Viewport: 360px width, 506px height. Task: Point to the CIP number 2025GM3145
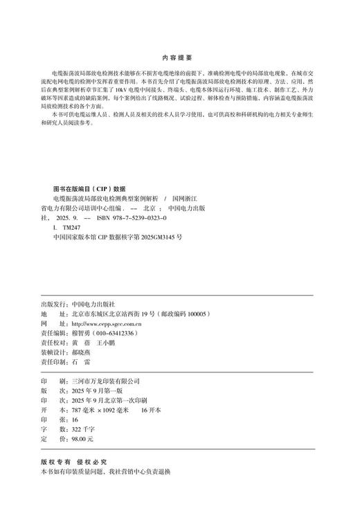pos(157,236)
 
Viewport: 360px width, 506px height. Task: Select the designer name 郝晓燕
pos(81,352)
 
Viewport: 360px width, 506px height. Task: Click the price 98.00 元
pos(81,438)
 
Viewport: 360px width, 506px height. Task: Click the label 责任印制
pos(55,361)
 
